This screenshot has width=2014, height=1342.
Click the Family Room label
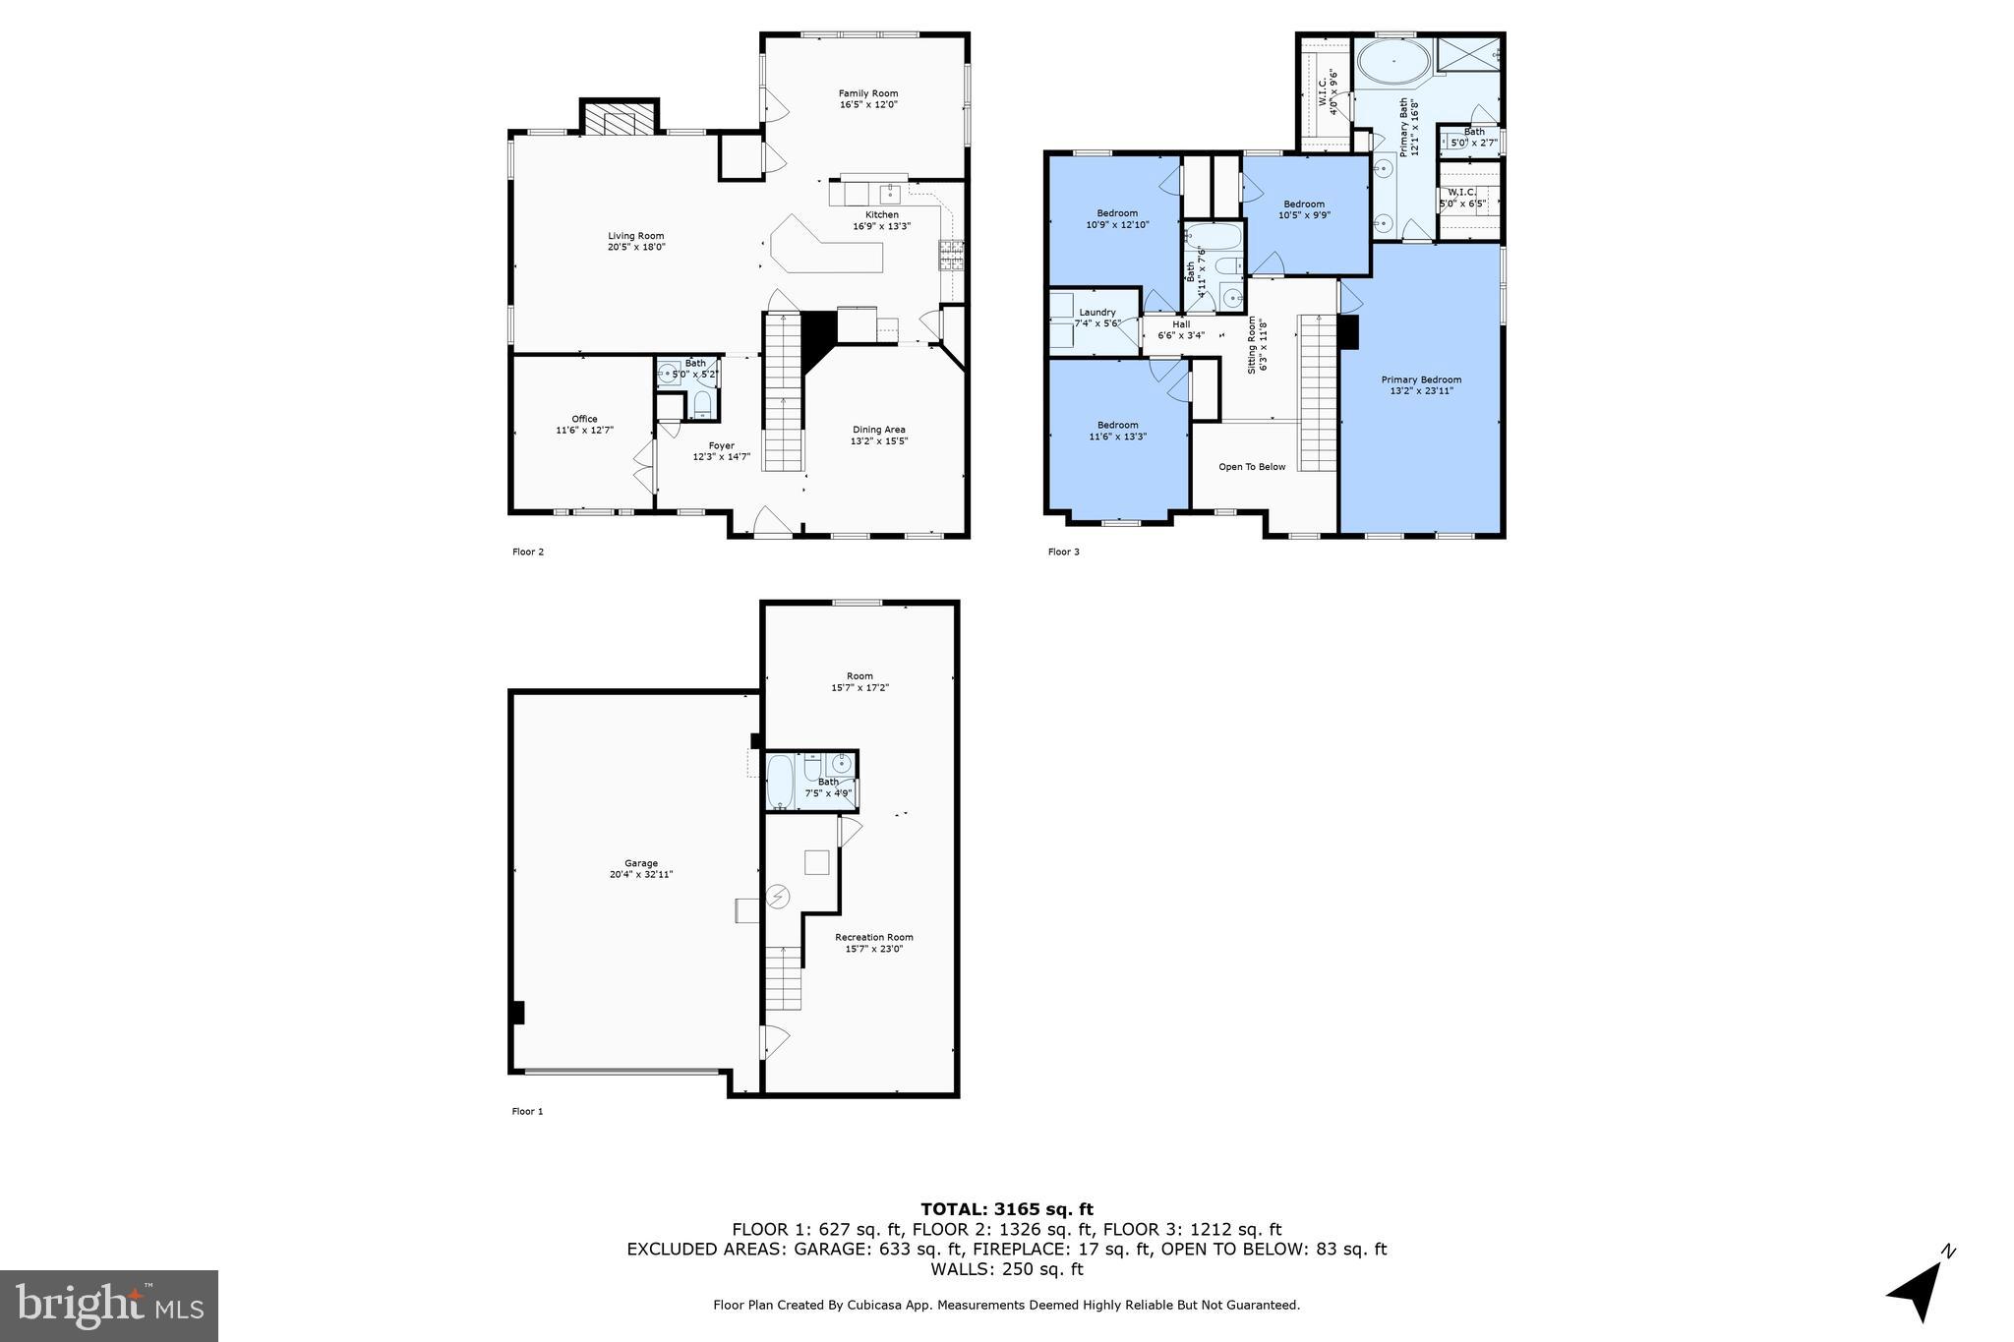[x=867, y=93]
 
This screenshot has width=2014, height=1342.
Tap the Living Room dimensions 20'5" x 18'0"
[x=635, y=248]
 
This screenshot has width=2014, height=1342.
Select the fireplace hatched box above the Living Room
[x=619, y=119]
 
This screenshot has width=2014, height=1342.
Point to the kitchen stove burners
[x=951, y=256]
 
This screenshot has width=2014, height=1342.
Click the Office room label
[x=584, y=419]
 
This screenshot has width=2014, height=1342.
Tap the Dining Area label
[x=878, y=430]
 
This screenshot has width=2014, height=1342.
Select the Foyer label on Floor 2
[x=721, y=445]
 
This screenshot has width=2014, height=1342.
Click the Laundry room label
[x=1096, y=313]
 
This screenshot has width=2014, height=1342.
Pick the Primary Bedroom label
[x=1420, y=379]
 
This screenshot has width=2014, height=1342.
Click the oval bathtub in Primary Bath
[x=1393, y=62]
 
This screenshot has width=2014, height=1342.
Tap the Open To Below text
[x=1251, y=467]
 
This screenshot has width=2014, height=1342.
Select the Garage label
[x=640, y=863]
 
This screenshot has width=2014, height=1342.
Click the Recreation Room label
[x=873, y=937]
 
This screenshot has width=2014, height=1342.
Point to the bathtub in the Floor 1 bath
[x=779, y=781]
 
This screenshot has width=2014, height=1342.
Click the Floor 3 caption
[x=1063, y=552]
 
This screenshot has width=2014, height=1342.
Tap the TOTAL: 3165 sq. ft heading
[x=1006, y=1209]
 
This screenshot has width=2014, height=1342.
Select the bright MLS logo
[x=109, y=1305]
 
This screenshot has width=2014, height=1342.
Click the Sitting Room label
[x=1252, y=345]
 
